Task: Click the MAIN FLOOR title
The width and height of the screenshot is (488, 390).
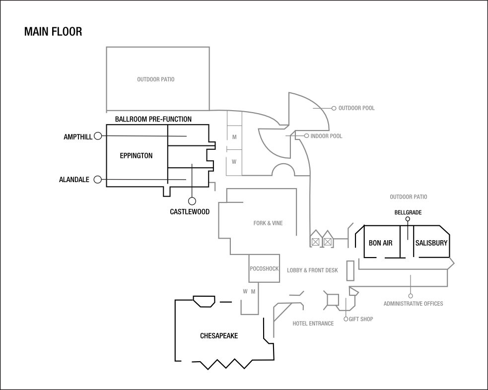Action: [53, 32]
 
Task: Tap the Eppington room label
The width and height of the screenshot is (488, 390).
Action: [136, 156]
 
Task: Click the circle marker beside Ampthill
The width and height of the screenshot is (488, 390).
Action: [98, 136]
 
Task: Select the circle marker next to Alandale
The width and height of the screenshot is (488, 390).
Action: [98, 179]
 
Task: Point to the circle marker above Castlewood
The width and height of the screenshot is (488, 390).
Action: [192, 201]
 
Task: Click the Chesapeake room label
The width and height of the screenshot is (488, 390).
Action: [219, 336]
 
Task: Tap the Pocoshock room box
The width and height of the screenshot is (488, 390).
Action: [264, 268]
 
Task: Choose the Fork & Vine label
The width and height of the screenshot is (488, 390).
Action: [268, 223]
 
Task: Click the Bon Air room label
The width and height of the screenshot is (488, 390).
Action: [381, 243]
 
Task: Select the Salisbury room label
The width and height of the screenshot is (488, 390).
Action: [431, 243]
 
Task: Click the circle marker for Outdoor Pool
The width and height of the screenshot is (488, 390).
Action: [334, 108]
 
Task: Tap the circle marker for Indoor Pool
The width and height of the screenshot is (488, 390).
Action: [307, 135]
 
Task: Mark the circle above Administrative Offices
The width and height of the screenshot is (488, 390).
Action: [411, 296]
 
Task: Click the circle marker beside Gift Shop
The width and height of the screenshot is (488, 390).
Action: [346, 319]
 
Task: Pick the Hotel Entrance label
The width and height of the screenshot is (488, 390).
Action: [313, 324]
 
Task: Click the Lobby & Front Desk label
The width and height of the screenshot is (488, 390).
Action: [312, 270]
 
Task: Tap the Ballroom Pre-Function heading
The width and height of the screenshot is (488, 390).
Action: [153, 120]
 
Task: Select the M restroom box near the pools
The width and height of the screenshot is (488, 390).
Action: [234, 137]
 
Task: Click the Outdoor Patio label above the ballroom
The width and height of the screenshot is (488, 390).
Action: [156, 79]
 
